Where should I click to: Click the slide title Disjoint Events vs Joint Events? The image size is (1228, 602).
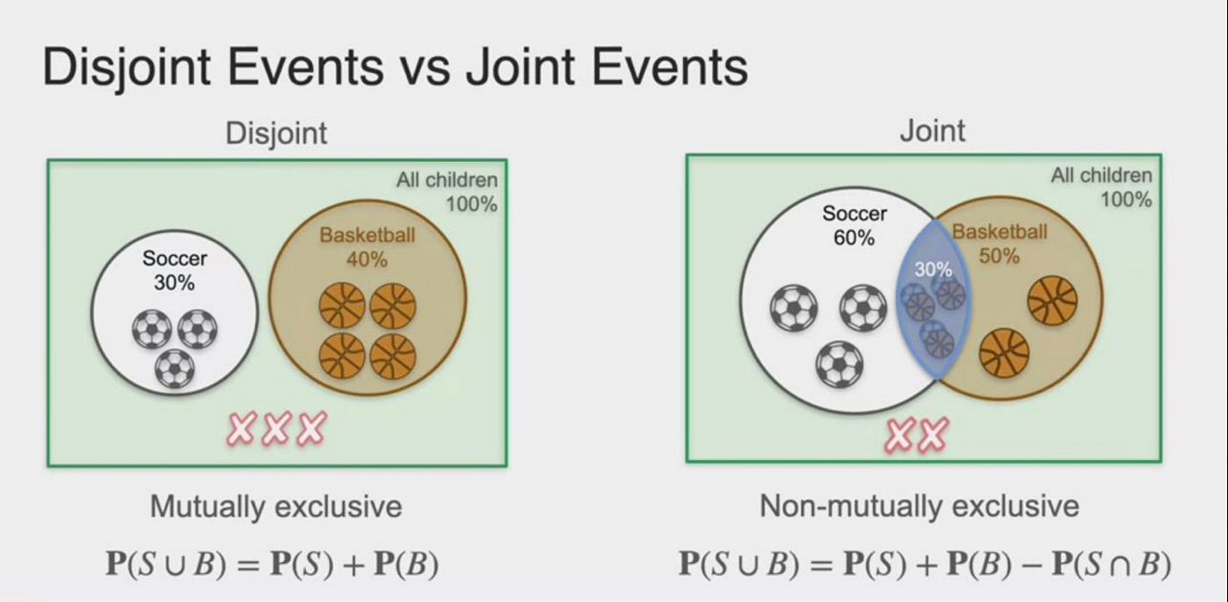click(x=395, y=67)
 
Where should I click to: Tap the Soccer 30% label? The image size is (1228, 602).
click(x=175, y=271)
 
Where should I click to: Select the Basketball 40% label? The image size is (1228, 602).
click(x=367, y=247)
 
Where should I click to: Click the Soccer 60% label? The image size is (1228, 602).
click(x=854, y=225)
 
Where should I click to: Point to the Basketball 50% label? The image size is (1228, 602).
click(x=999, y=244)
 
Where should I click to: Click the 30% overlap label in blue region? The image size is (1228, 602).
click(x=932, y=270)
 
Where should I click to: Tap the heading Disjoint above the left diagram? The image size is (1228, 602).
click(x=276, y=133)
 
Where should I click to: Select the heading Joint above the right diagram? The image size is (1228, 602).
click(x=932, y=131)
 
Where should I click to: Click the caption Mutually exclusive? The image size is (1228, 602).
click(x=275, y=506)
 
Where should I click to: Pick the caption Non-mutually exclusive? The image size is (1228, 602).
click(x=919, y=506)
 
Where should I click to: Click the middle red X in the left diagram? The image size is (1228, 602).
click(x=275, y=428)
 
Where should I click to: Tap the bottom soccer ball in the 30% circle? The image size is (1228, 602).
click(x=175, y=368)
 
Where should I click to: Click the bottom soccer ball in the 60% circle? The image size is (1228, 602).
click(x=839, y=364)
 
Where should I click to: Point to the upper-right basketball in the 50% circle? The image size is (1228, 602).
click(x=1052, y=300)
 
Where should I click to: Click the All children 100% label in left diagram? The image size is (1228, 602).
click(x=446, y=192)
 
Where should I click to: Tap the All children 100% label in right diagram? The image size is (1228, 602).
click(x=1102, y=187)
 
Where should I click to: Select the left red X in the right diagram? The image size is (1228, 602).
click(x=900, y=435)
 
